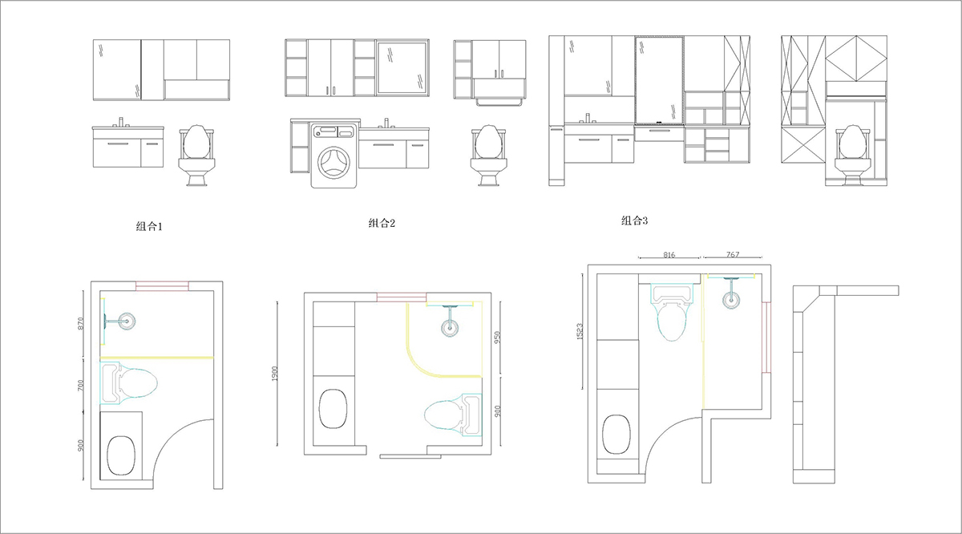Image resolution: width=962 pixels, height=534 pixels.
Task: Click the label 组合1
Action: pos(149,226)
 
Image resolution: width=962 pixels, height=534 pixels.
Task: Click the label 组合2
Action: pos(382,223)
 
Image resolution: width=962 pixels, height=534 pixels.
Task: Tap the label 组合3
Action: pos(634,220)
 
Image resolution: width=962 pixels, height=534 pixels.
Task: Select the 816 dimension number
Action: pos(669,255)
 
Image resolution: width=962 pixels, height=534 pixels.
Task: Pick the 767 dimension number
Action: pos(733,254)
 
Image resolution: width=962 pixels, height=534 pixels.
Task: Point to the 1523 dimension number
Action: pos(580,332)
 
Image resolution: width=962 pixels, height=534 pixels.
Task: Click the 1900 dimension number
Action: pos(275,374)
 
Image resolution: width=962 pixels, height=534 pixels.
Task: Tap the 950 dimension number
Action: pos(497,337)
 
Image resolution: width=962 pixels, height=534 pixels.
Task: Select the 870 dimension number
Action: pos(81,323)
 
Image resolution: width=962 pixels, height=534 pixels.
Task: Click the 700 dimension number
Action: pos(81,385)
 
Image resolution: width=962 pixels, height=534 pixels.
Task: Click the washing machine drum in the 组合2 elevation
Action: pos(333,163)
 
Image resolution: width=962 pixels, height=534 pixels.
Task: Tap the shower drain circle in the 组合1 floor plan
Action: pos(127,321)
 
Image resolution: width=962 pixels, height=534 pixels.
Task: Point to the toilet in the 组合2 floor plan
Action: pos(453,415)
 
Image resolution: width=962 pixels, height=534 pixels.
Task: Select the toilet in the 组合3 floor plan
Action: pos(672,312)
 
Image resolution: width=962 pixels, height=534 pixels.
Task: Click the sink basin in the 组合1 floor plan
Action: pos(121,455)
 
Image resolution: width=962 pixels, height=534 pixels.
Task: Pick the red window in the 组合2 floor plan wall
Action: pos(402,297)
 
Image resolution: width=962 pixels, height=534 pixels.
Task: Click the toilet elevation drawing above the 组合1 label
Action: pos(197,155)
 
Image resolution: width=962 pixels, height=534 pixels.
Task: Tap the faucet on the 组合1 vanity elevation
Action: pos(121,122)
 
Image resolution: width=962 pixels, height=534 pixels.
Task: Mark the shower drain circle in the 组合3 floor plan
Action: pos(731,300)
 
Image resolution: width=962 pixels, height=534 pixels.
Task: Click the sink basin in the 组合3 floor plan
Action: pos(616,435)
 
